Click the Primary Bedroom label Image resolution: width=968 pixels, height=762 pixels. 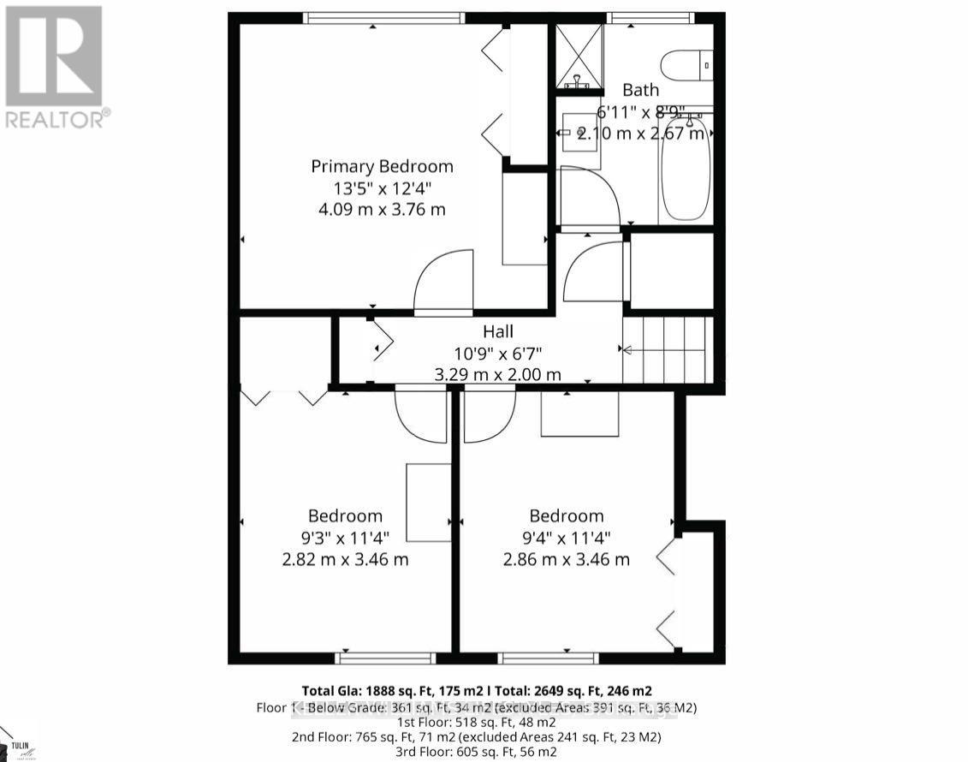pos(382,166)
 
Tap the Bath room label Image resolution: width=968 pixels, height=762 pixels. pos(640,90)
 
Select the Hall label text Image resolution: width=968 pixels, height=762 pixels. pos(498,331)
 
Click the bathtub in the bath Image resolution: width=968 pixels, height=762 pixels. pos(685,170)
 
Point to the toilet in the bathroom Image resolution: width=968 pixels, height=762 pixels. pos(686,65)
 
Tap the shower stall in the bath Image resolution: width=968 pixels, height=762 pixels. pos(579,57)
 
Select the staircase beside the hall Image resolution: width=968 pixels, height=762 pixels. pos(668,349)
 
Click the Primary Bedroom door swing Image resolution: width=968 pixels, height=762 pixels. pos(443,283)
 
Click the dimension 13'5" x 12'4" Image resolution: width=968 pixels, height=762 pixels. pos(382,188)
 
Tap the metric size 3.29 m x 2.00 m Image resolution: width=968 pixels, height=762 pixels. pos(498,374)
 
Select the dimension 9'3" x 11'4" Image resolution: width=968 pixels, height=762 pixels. pos(346,539)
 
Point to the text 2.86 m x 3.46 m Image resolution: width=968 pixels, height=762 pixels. pos(567,560)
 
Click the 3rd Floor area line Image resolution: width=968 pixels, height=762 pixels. pos(477,752)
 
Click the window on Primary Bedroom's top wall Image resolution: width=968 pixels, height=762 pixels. pos(384,17)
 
